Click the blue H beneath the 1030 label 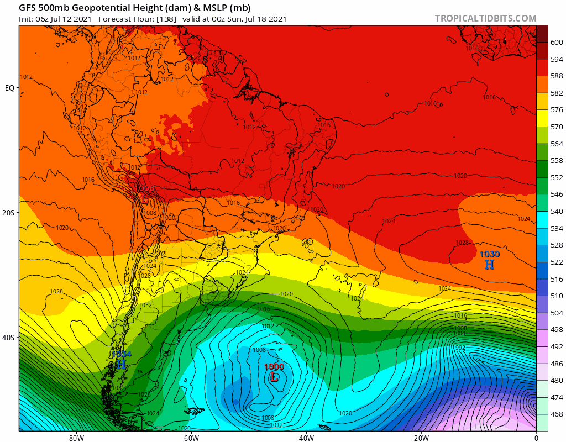tap(489, 265)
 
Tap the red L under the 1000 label tap(274, 377)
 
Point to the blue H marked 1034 tap(121, 364)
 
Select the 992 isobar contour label tap(459, 348)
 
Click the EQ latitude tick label tap(10, 88)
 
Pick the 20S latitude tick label tap(9, 213)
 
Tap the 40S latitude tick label tap(9, 338)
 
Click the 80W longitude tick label tap(76, 438)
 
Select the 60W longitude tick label tap(191, 438)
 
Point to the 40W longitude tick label tap(306, 438)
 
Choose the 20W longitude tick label tap(421, 438)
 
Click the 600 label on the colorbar tap(557, 42)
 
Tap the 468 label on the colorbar tap(557, 414)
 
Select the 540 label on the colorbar tap(557, 211)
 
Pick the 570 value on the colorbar tap(557, 127)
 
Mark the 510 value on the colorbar tap(557, 296)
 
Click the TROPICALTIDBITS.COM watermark tap(485, 18)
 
